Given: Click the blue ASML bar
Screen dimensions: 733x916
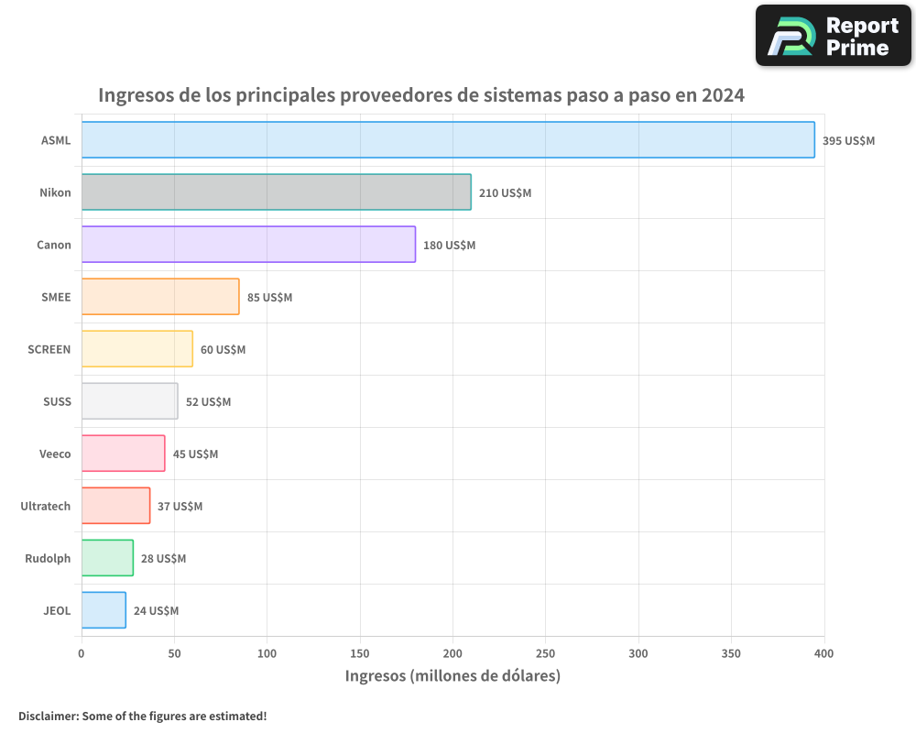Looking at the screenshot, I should (448, 140).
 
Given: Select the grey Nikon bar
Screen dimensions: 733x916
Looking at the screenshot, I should (276, 192).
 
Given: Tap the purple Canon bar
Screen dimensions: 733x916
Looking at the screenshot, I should (248, 245).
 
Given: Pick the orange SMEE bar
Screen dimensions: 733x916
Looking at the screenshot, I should (160, 297).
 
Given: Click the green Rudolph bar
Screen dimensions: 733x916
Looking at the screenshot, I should (107, 558).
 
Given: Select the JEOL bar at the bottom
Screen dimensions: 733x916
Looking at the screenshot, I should (104, 610).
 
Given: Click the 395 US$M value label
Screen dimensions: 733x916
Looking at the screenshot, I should (848, 141).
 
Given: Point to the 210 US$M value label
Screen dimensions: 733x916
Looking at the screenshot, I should (505, 193).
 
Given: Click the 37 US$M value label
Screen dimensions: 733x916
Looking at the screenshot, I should (180, 507).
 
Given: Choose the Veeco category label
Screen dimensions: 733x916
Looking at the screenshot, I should (55, 454).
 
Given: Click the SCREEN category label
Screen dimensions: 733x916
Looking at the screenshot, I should (49, 350).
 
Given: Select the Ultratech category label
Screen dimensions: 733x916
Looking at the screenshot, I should (46, 507).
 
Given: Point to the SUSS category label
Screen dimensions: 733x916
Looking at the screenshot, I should (57, 402).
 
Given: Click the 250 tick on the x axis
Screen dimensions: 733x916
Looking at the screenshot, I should (546, 654).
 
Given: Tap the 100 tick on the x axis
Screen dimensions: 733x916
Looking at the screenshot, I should (267, 654).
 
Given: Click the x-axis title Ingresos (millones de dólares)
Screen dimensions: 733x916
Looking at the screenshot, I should (453, 676).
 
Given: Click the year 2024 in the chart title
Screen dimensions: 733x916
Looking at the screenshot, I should (722, 95).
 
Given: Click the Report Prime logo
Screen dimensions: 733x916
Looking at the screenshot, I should (833, 36).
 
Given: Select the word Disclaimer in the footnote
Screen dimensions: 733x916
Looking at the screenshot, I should (47, 716).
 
